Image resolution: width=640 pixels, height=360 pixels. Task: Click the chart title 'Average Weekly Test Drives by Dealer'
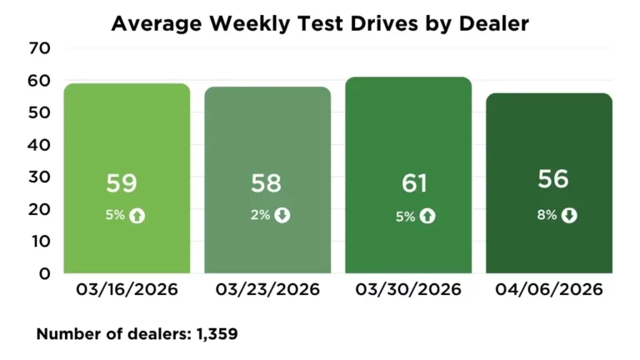(320, 23)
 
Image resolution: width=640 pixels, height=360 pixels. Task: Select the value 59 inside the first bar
(122, 184)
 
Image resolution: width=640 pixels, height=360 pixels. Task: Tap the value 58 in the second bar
(267, 184)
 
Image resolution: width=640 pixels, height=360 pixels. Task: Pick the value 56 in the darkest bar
(554, 179)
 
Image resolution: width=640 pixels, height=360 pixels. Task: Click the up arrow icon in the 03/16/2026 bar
(137, 216)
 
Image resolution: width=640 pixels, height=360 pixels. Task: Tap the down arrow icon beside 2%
(282, 216)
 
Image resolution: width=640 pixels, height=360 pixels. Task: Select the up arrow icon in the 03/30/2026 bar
(427, 216)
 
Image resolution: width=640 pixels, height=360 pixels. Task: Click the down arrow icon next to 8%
(569, 216)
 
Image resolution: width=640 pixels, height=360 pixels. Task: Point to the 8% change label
(546, 216)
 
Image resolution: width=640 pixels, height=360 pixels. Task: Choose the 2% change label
(260, 216)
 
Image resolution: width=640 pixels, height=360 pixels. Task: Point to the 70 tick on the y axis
(40, 49)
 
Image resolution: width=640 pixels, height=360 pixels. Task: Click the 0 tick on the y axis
(45, 273)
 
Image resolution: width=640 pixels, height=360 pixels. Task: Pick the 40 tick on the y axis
(40, 145)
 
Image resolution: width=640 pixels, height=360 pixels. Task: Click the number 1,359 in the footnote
(217, 335)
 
